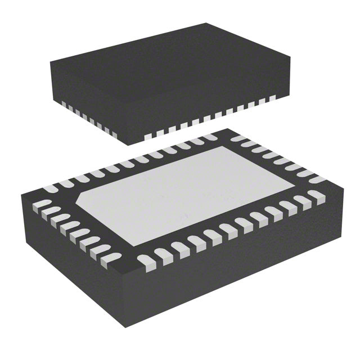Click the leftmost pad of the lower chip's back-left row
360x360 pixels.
(51, 187)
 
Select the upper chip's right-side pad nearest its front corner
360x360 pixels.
(148, 137)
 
